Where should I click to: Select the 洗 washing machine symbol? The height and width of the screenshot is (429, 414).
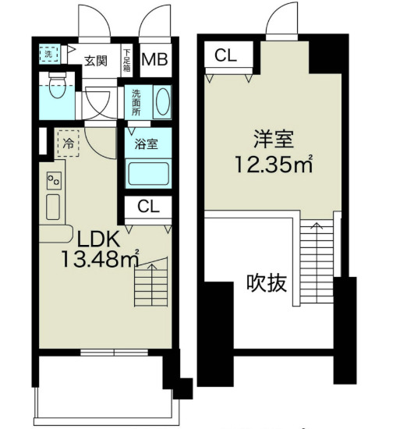coord(49,55)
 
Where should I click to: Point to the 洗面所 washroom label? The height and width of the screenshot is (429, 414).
coord(136,102)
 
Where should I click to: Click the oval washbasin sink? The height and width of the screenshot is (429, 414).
coord(162,102)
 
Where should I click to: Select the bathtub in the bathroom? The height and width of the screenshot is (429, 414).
coord(147,172)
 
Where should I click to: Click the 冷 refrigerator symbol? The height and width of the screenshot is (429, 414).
coord(69,144)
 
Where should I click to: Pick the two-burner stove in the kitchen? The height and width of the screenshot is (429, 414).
coord(55,181)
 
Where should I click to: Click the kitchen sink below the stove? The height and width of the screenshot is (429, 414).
coord(53,207)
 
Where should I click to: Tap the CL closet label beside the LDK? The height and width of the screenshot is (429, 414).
coord(148,207)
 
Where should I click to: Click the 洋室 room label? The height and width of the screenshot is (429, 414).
coord(271,140)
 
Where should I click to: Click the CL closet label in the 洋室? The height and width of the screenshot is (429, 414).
coord(227,55)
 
